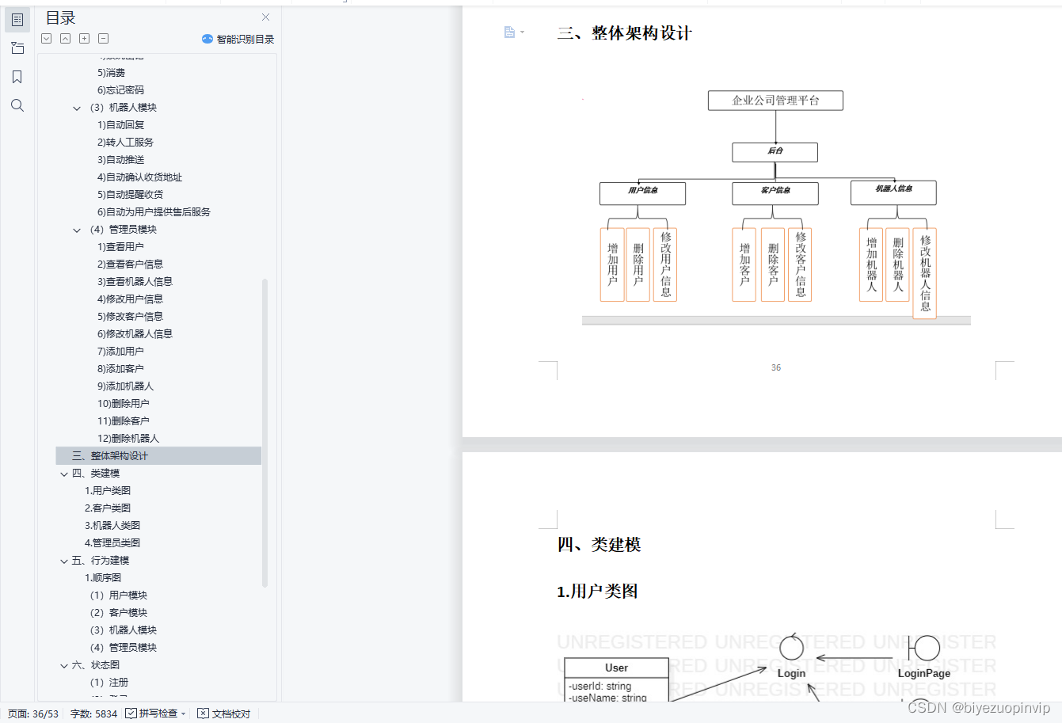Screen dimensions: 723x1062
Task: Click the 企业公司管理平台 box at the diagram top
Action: point(775,101)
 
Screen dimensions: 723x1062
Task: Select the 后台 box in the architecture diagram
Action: point(775,151)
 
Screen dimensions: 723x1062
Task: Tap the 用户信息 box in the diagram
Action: point(642,192)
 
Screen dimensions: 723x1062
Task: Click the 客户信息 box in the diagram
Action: point(775,192)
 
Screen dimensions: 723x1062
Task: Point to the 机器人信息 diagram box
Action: point(893,192)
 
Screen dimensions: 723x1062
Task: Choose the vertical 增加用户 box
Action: point(612,264)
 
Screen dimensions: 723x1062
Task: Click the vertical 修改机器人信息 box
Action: point(924,273)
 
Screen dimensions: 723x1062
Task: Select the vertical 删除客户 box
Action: point(773,264)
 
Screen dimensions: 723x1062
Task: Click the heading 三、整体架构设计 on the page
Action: point(624,33)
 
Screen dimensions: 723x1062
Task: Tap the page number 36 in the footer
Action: point(776,367)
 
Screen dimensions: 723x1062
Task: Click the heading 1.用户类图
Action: point(597,592)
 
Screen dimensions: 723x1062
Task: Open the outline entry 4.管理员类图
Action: point(112,543)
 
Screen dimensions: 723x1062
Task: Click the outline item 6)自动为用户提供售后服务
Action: point(154,212)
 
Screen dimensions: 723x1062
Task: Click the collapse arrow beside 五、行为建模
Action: point(64,561)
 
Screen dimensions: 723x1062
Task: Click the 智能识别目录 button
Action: point(238,39)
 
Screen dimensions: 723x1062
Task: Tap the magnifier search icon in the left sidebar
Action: point(17,105)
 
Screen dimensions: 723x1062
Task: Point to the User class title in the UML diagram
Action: point(616,668)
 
